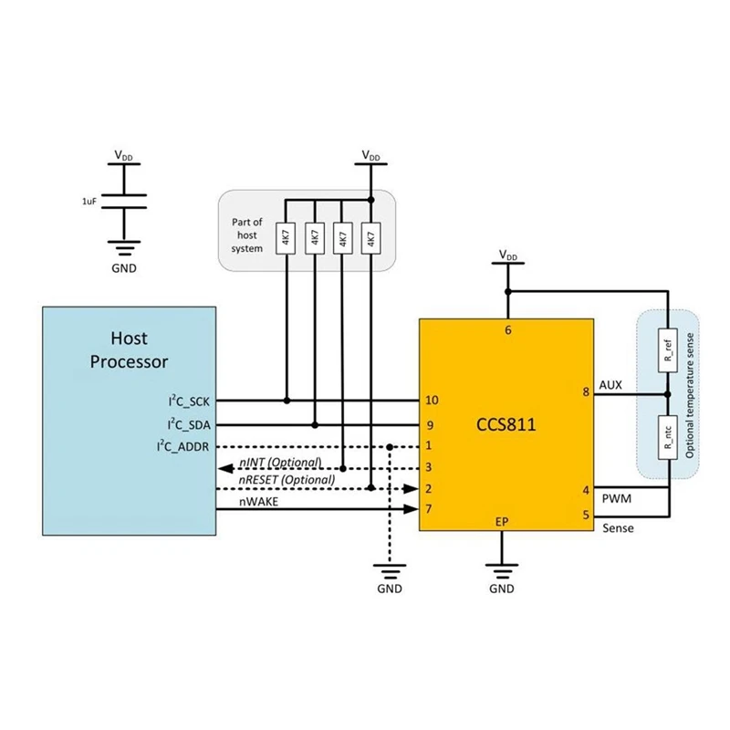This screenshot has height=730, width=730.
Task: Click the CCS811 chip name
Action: click(x=506, y=425)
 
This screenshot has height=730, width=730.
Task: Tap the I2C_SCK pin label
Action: click(x=187, y=401)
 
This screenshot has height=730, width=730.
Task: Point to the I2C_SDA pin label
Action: click(x=187, y=424)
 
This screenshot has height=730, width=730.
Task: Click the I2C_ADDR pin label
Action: click(x=185, y=446)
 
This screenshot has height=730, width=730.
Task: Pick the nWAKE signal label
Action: click(x=259, y=501)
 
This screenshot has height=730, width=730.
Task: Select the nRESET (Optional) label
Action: click(x=287, y=479)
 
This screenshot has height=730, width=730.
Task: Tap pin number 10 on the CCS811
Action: click(x=432, y=401)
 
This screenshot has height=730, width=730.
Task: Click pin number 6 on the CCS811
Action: click(x=507, y=330)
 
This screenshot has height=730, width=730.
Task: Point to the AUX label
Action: click(x=610, y=385)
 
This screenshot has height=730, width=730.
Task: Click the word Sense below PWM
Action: click(x=618, y=528)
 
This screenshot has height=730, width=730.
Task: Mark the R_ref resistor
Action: click(x=669, y=352)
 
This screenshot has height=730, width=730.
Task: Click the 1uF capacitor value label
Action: click(x=89, y=198)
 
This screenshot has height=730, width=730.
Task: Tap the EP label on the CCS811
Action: click(x=502, y=522)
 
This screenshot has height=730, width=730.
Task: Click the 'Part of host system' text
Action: click(x=246, y=235)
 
